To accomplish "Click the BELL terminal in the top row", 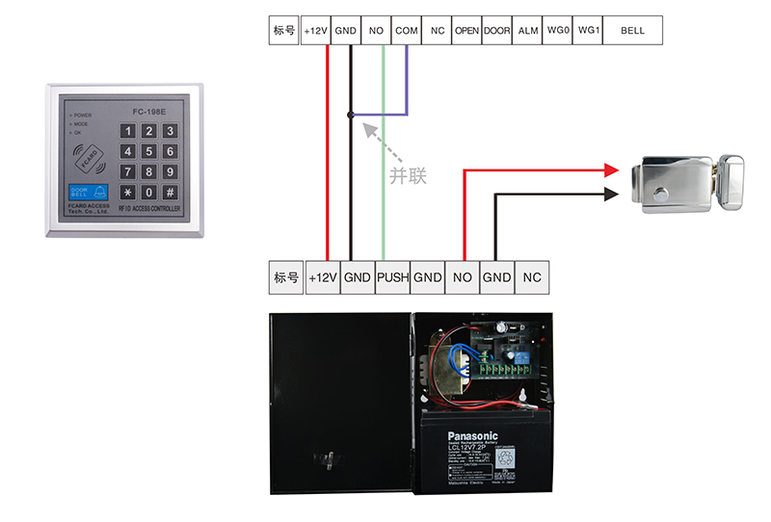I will (632, 31).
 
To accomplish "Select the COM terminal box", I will (407, 31).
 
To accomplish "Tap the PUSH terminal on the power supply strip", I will (392, 277).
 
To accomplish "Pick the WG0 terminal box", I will (557, 31).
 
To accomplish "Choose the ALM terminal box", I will (527, 31).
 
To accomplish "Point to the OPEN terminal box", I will (466, 31).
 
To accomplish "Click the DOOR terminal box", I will (496, 31).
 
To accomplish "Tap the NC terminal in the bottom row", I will (531, 277).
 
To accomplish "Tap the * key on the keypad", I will (126, 192).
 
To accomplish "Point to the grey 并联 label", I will (407, 176).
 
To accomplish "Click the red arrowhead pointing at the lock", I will (610, 170).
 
